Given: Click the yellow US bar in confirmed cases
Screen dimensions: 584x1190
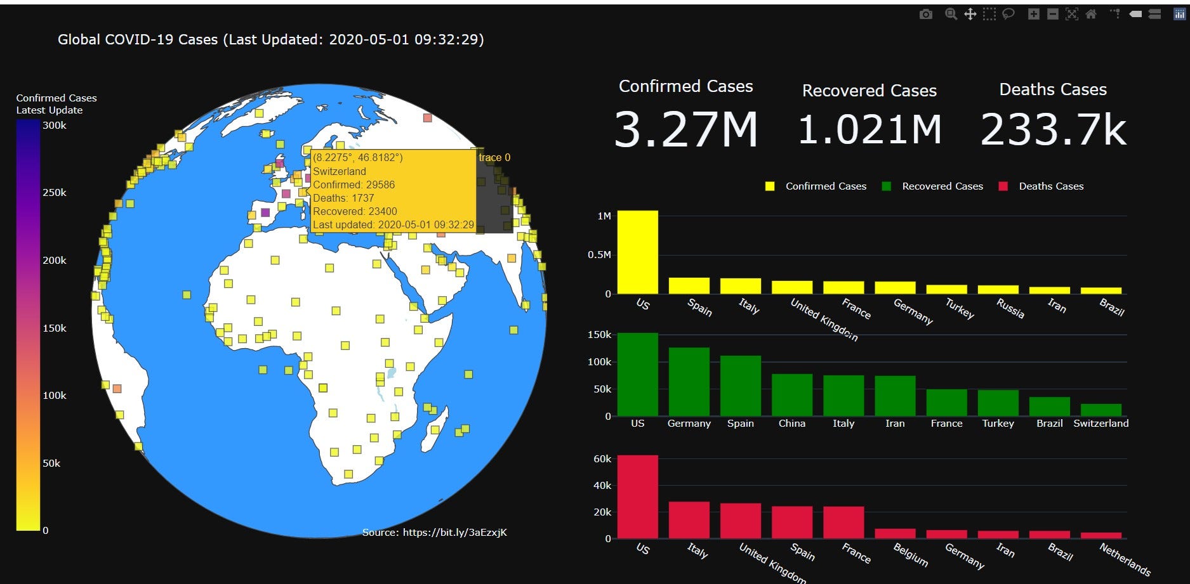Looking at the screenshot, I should (637, 252).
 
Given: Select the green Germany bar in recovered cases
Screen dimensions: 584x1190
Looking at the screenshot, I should (689, 382).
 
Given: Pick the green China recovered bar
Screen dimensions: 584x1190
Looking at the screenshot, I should (791, 395).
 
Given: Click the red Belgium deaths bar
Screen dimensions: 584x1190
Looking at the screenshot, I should (895, 533).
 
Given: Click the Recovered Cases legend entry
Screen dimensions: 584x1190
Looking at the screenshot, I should (942, 186).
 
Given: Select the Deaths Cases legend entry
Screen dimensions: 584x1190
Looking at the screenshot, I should (1050, 186).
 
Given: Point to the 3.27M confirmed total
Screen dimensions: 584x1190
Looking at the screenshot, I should (685, 130).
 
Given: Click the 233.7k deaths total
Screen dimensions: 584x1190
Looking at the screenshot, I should (1053, 130).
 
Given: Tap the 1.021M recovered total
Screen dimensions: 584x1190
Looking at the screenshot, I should (869, 130).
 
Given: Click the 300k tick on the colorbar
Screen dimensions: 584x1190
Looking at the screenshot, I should (55, 126).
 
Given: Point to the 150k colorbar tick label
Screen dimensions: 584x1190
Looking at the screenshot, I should (55, 328).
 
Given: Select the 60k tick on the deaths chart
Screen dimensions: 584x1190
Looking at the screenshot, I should (602, 458).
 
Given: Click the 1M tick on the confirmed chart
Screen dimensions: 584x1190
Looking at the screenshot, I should (604, 216).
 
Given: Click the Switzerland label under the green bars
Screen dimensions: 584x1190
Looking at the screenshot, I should (1101, 424).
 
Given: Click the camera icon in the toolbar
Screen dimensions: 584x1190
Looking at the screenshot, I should (926, 14).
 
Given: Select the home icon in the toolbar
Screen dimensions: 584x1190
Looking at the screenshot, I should (1091, 14).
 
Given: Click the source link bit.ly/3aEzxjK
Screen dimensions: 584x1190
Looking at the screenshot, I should (454, 533).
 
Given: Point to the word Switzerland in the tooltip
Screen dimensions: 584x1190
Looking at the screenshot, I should (340, 171).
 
